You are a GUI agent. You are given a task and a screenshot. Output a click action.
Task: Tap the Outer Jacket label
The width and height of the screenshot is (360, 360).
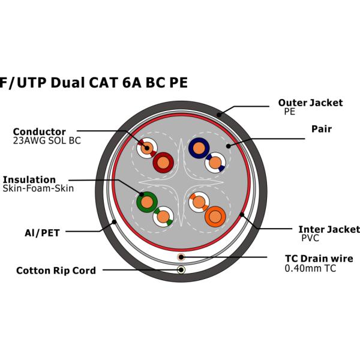[x=310, y=103]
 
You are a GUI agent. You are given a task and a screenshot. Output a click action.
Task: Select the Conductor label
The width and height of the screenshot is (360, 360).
[x=40, y=132]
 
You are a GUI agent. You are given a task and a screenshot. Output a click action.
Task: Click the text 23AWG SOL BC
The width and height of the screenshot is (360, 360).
[x=47, y=141]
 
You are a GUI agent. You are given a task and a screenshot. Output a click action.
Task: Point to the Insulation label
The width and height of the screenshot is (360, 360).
[x=29, y=179]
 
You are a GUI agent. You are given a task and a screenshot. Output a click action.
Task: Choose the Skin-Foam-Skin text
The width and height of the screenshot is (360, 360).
[x=38, y=188]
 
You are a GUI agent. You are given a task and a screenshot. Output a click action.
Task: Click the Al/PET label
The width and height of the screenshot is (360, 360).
[x=41, y=233]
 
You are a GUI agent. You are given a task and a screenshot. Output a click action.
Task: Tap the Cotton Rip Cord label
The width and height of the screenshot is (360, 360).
[x=56, y=271]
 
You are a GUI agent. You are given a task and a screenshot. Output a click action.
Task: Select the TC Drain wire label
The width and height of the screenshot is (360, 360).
[x=319, y=259]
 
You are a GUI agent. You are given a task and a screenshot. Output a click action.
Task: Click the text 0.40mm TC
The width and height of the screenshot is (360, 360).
[x=310, y=268]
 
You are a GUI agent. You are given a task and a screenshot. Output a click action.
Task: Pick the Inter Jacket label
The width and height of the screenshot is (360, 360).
[x=329, y=229]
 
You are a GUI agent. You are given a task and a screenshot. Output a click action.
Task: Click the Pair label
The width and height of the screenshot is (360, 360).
[x=322, y=129]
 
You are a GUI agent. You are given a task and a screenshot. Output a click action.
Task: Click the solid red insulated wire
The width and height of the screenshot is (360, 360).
[x=163, y=162]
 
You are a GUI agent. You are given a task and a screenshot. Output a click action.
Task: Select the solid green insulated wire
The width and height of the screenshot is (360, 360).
[x=146, y=202]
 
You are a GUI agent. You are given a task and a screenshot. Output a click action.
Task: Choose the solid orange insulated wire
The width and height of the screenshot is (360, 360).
[x=215, y=216]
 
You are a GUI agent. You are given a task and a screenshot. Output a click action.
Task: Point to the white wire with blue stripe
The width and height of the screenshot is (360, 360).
[x=215, y=161]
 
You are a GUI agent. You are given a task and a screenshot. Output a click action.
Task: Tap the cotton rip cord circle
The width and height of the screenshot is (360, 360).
[x=181, y=269]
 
